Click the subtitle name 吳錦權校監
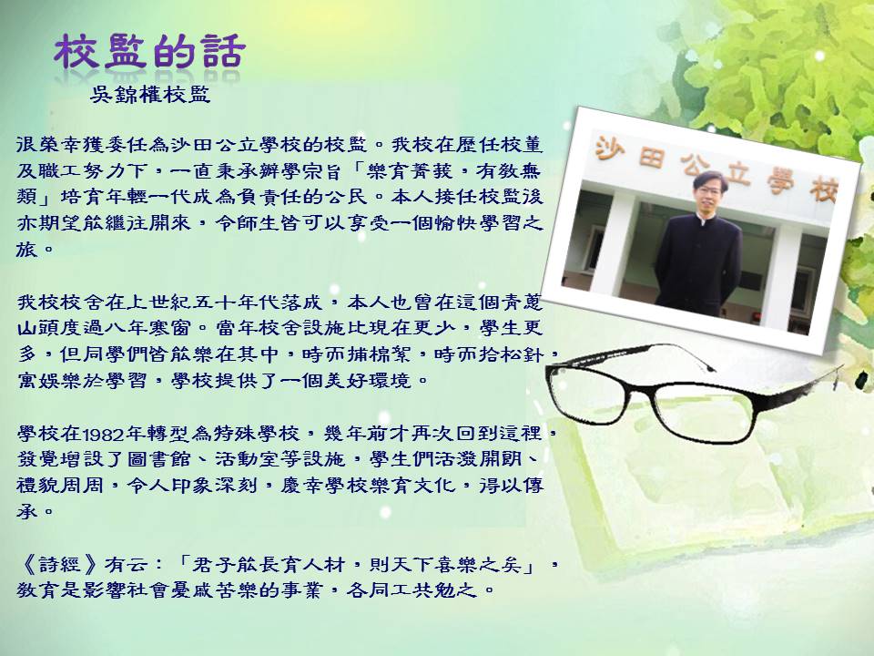tap(150, 94)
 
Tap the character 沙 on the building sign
tap(610, 148)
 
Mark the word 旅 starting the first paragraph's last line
tap(26, 250)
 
